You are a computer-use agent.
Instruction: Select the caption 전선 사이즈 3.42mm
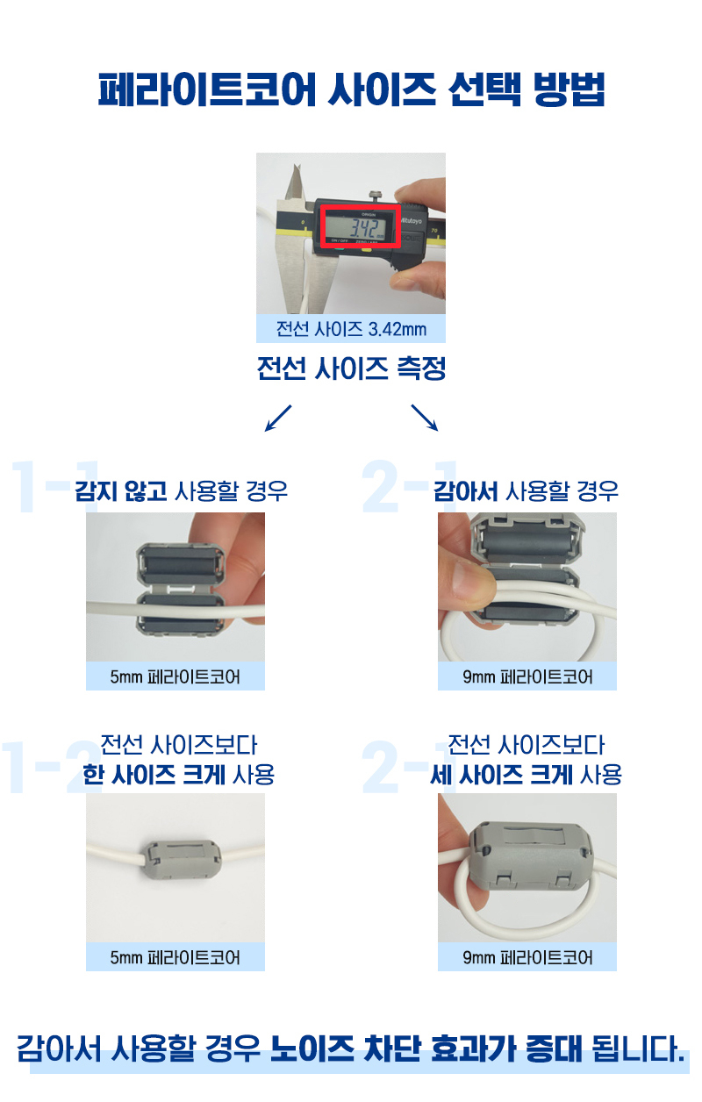(351, 330)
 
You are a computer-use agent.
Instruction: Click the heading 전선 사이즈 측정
(351, 369)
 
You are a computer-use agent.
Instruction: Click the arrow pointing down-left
(277, 419)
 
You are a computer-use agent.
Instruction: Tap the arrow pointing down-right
(425, 419)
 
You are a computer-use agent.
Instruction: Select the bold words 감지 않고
(121, 490)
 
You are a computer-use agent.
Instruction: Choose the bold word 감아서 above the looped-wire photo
(468, 490)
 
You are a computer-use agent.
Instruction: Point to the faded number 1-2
(39, 768)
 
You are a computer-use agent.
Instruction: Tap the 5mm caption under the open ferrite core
(175, 677)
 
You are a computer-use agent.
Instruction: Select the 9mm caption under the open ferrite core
(527, 677)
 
